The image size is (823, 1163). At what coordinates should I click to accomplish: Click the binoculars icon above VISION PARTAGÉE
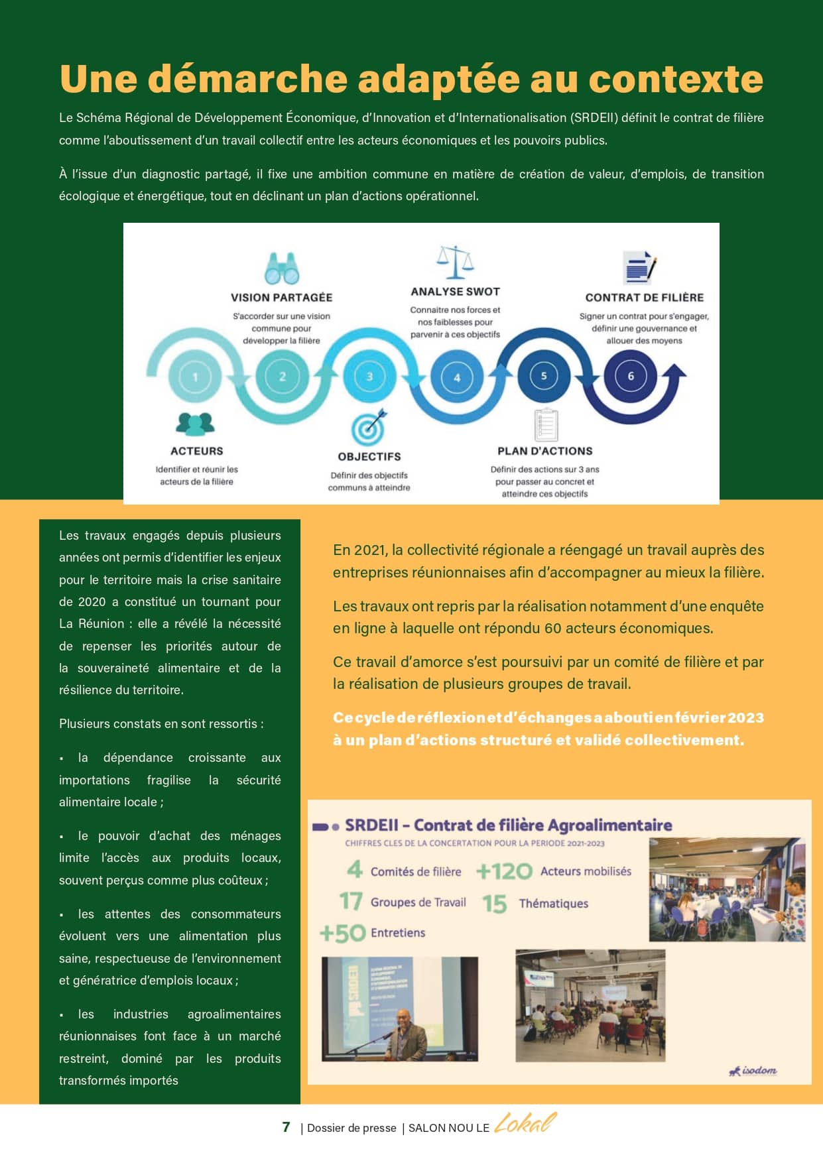coord(282,268)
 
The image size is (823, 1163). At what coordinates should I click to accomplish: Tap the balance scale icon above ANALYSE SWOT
coord(456,262)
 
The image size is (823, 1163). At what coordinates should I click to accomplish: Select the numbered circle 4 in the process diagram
coord(457,377)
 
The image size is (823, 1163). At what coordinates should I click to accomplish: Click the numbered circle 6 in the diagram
coord(631,376)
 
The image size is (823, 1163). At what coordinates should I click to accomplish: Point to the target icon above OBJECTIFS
coord(369,428)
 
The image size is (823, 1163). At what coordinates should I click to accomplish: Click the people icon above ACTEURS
coord(196,424)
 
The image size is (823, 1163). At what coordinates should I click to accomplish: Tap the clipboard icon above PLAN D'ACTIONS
coord(546,424)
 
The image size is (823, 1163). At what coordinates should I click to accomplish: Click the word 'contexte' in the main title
coord(676,79)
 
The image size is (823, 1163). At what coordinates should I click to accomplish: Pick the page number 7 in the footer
coord(286,1127)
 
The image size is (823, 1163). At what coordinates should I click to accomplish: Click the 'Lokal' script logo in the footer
coord(525,1123)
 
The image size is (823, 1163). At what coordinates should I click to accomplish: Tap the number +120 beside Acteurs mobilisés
coord(504,871)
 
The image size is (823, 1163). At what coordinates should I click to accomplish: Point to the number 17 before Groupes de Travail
coord(351,902)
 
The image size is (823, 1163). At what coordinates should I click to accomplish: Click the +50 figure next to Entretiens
coord(343,933)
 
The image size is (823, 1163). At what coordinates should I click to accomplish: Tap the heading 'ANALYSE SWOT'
coord(455,291)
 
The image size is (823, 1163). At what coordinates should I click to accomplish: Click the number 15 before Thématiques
coord(495,904)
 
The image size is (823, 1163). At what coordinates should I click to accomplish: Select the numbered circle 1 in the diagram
coord(195,377)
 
